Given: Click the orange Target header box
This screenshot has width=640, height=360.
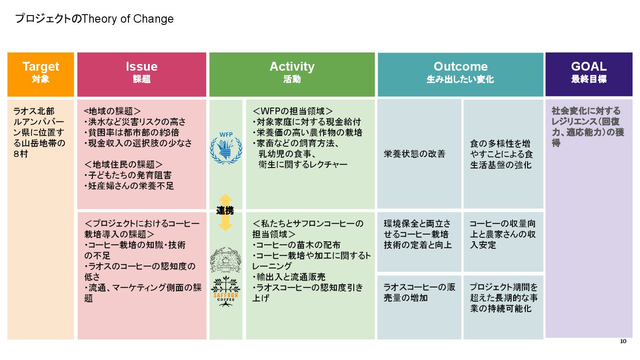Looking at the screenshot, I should click(x=40, y=74).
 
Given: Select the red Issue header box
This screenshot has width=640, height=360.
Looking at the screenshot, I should click(x=141, y=74).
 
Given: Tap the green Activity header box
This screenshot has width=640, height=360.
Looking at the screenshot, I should click(x=292, y=74).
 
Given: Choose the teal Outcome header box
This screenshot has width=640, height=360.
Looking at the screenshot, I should click(x=460, y=74).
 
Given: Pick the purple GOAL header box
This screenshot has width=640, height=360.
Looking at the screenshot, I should click(x=589, y=74).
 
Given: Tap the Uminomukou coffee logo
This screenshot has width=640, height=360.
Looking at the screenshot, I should click(x=226, y=260).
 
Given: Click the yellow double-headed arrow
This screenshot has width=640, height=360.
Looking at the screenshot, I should click(x=225, y=212).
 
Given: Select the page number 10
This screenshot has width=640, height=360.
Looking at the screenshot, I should click(x=623, y=341).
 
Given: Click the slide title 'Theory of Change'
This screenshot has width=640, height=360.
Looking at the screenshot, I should click(x=94, y=19).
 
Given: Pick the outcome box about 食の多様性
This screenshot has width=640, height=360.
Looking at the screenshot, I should click(x=503, y=154).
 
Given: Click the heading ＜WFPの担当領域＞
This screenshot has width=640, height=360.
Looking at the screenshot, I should click(x=293, y=111).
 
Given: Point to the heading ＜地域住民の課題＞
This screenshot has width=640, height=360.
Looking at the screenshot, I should click(x=123, y=164).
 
